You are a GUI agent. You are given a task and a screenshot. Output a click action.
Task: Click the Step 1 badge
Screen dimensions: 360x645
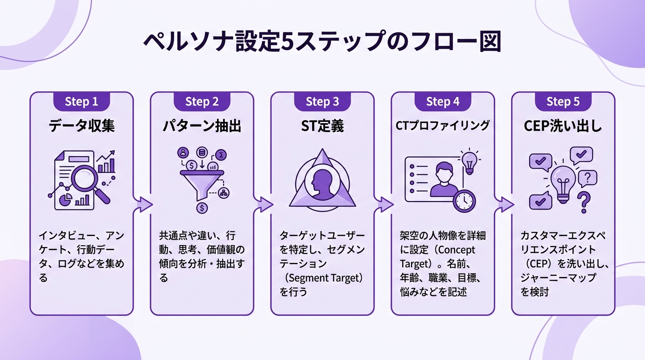pyautogui.click(x=82, y=101)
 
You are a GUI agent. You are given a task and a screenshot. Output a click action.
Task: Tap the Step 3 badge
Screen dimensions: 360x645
pyautogui.click(x=322, y=101)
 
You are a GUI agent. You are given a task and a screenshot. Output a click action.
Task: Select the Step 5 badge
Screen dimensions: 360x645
pyautogui.click(x=563, y=101)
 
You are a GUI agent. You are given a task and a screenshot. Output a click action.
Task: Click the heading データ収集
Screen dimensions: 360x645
pyautogui.click(x=82, y=126)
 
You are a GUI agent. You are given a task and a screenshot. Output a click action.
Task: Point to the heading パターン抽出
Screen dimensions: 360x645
pyautogui.click(x=202, y=126)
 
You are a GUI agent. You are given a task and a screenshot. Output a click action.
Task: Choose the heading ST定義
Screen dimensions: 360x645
pyautogui.click(x=322, y=126)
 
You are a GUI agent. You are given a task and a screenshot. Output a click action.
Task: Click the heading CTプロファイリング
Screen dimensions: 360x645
pyautogui.click(x=442, y=126)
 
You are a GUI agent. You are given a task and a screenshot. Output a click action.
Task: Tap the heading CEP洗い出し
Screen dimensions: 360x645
pyautogui.click(x=563, y=126)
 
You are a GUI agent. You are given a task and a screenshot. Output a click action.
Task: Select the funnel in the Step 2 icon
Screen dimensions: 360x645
pyautogui.click(x=202, y=185)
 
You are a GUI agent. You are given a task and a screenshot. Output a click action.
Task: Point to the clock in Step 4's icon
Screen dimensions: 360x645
pyautogui.click(x=464, y=201)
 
